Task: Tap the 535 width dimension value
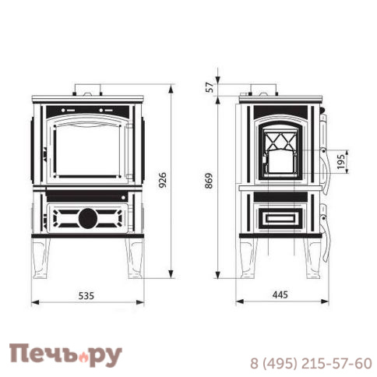point(86,295)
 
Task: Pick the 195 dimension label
point(340,160)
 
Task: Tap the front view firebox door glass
point(86,152)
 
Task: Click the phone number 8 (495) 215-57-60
point(310,362)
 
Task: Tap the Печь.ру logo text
point(66,355)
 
